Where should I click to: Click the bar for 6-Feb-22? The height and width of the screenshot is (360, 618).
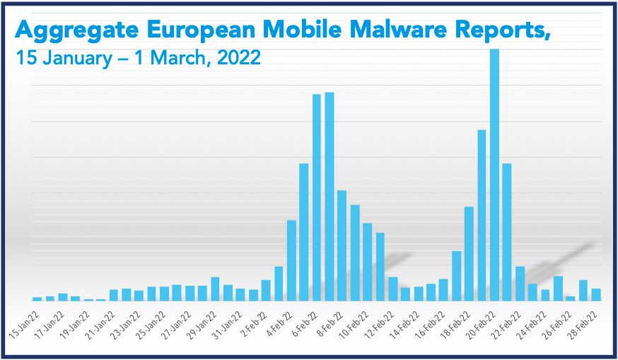coord(316,197)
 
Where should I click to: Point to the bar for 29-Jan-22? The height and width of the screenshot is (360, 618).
coord(215,289)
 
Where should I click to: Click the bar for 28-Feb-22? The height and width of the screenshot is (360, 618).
coord(595,294)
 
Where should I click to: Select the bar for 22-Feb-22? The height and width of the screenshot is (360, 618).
coord(520,283)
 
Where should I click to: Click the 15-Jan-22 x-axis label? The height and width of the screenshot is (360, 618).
coord(26,323)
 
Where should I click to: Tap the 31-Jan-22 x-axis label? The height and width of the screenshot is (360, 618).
coord(229,323)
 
